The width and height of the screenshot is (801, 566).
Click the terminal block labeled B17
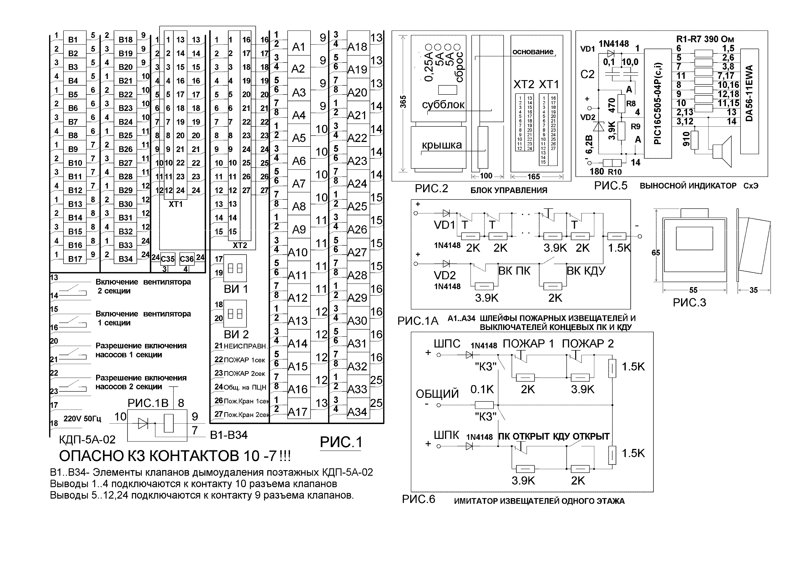click(75, 259)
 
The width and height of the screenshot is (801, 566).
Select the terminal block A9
click(299, 229)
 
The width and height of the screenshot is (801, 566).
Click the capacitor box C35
click(167, 259)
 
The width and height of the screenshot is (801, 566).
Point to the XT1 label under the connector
click(176, 204)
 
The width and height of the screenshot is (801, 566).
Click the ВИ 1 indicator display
click(235, 268)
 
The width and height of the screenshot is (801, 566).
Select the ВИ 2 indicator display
click(235, 314)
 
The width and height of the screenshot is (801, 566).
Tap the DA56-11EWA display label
click(749, 93)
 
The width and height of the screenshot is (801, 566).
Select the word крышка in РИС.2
click(442, 145)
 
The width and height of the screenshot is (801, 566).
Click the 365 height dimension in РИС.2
click(403, 102)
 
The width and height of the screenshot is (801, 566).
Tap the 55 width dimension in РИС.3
click(693, 290)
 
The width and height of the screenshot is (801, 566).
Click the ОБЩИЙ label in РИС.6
click(437, 394)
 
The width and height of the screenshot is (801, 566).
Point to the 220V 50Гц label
click(82, 419)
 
